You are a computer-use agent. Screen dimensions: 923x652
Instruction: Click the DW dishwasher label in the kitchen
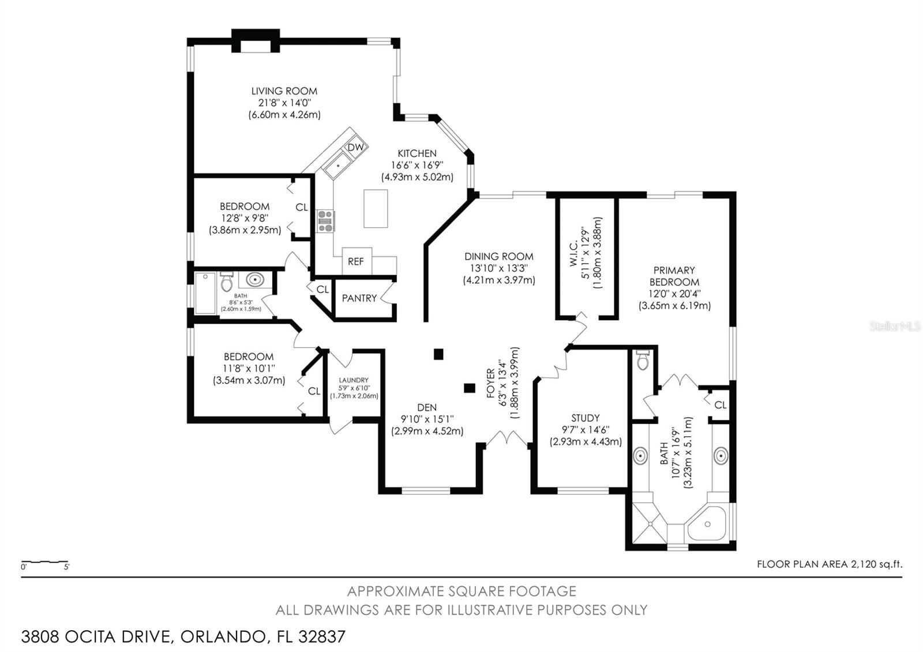coord(355,148)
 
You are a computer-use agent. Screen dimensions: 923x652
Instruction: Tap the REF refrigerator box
coord(357,261)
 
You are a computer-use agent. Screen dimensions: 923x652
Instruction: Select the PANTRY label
coord(359,298)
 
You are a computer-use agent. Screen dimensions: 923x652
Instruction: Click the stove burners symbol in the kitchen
coord(325,222)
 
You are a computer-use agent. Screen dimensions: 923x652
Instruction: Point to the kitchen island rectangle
coord(376,208)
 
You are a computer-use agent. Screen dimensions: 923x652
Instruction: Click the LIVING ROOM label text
coord(284,91)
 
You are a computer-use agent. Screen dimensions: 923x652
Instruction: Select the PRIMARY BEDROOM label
coord(674,276)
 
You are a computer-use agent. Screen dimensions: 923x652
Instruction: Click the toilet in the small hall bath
coord(226,282)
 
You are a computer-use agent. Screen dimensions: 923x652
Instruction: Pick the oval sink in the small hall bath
coord(255,280)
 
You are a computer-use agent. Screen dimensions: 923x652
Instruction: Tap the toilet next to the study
coord(643,360)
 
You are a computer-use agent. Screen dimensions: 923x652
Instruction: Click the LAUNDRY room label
coord(354,380)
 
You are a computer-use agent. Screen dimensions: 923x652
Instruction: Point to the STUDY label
coord(586,418)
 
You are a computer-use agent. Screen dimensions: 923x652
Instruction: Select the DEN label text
coord(427,407)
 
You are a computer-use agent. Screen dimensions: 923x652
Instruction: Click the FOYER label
coord(490,383)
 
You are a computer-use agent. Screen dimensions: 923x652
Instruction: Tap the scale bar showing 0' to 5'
coord(44,562)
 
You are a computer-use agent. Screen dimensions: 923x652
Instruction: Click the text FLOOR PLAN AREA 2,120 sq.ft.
coord(830,564)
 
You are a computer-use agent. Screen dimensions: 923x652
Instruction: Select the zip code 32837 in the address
coord(322,637)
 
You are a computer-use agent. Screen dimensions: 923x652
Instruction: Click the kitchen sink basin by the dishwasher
coord(338,166)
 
